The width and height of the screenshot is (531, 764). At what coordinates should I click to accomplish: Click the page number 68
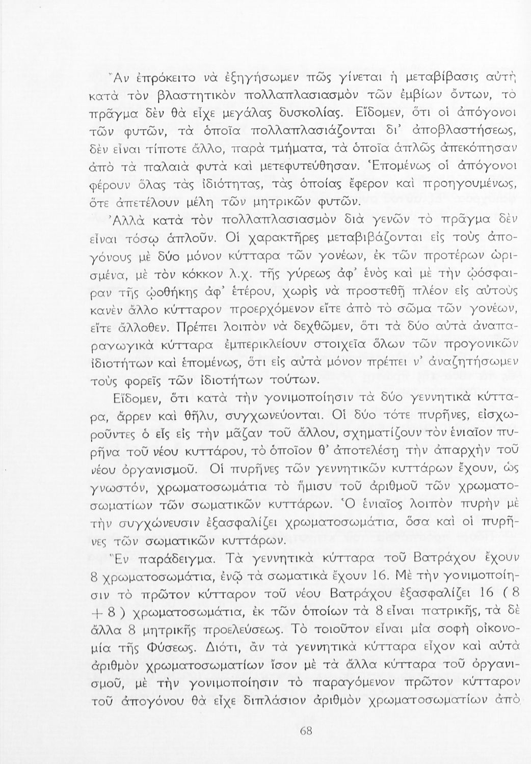(306, 730)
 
